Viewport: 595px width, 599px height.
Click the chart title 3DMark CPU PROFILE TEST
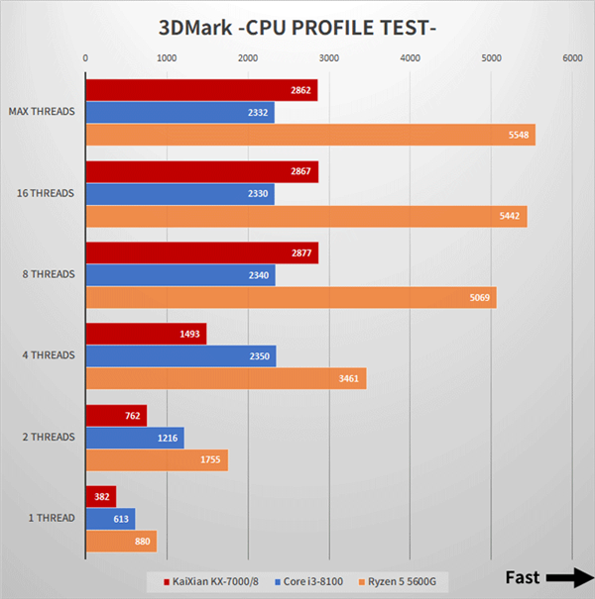click(297, 27)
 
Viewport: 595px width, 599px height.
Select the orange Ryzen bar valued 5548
click(309, 135)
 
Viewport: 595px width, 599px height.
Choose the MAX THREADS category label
click(41, 112)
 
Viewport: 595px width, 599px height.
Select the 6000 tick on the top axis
click(572, 58)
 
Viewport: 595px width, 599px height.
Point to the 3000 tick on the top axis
click(329, 58)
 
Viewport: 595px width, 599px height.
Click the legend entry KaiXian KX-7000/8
click(207, 580)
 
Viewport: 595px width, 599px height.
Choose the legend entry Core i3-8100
click(308, 580)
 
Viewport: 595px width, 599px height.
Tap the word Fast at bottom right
click(523, 577)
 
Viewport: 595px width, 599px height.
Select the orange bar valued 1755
click(157, 460)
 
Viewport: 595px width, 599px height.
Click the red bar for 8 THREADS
click(201, 252)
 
